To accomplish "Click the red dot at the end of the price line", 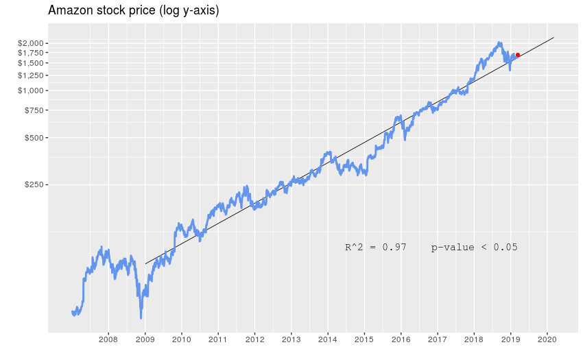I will [518, 55].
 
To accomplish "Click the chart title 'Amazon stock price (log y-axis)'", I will [133, 10].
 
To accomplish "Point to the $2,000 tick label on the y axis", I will [32, 43].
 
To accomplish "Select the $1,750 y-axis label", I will [32, 53].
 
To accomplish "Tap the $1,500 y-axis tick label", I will [32, 63].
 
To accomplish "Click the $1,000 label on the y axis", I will [32, 91].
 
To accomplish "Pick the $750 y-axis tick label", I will [34, 110].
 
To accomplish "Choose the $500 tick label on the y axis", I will [34, 138].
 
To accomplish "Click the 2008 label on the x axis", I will [108, 339].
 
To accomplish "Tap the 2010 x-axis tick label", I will [181, 339].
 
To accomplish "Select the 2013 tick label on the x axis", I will [291, 339].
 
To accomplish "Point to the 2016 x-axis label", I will [401, 339].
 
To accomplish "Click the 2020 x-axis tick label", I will [547, 339].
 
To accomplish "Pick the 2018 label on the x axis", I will [474, 339].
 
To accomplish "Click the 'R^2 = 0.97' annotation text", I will [376, 247].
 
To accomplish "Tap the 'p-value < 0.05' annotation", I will [474, 247].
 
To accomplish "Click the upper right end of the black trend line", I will [554, 38].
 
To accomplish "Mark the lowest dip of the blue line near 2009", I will [141, 317].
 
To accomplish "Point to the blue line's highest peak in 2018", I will [499, 43].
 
